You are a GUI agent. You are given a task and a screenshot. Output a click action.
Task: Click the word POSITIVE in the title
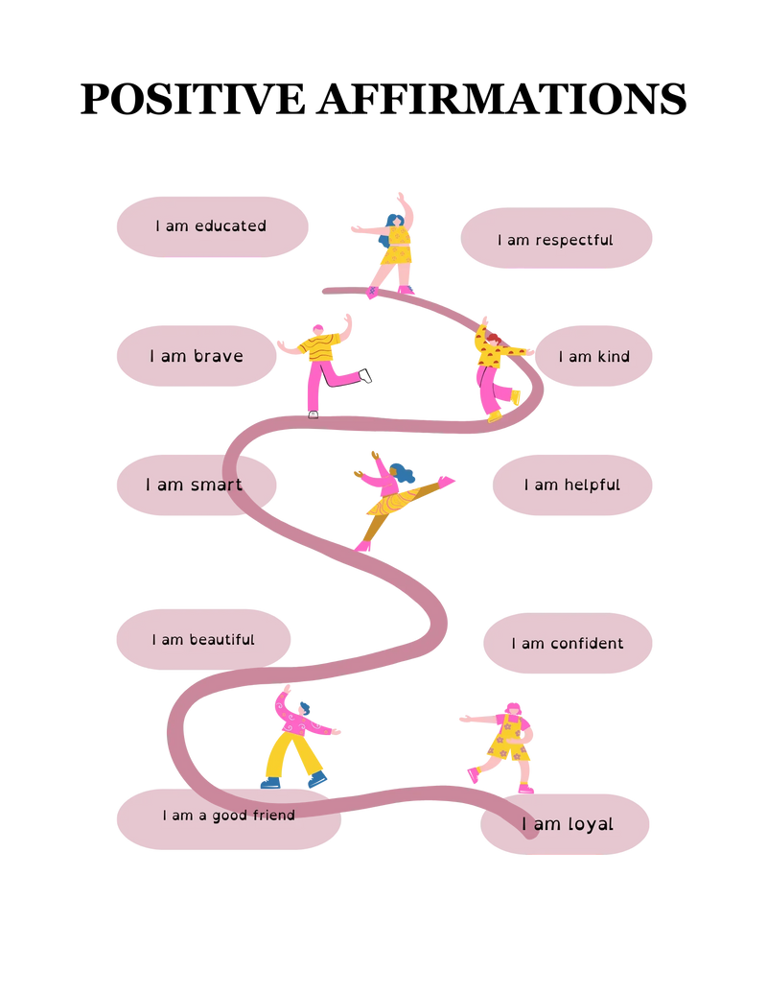pos(193,99)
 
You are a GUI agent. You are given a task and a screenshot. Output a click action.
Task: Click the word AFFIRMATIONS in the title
pos(502,99)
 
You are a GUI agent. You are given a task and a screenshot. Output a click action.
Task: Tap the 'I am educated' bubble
pos(212,227)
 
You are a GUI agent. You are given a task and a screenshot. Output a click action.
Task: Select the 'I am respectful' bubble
pos(556,238)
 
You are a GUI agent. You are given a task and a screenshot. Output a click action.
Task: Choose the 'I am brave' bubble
pos(197,356)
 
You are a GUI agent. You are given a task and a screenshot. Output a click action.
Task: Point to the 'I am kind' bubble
pos(593,356)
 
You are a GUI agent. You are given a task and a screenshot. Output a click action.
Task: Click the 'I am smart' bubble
pos(197,485)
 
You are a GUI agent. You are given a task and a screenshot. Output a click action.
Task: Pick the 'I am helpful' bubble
pos(572,485)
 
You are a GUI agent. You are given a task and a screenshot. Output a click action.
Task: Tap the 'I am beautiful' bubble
pos(203,640)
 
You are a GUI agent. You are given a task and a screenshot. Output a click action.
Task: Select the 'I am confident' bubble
pos(568,643)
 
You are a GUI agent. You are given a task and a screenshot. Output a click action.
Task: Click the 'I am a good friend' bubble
pos(228,819)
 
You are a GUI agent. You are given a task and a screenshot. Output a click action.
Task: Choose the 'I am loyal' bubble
pos(565,824)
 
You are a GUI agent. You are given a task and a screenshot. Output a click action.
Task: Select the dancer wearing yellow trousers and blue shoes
pos(296,739)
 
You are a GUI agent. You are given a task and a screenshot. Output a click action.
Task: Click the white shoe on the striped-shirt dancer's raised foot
pos(365,376)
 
